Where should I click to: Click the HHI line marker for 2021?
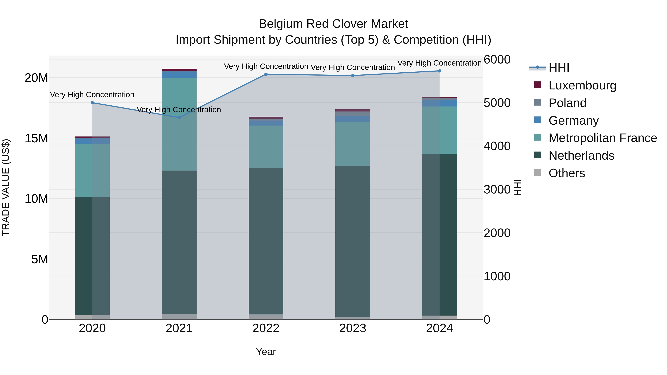[x=179, y=117]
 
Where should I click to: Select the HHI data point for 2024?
[x=439, y=71]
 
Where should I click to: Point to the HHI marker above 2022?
[x=266, y=74]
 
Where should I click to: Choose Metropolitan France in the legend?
[x=603, y=138]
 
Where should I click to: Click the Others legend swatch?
[x=537, y=173]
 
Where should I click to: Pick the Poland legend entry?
[x=567, y=103]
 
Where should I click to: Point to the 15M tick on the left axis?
[x=36, y=139]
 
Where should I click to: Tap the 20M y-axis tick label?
[x=36, y=78]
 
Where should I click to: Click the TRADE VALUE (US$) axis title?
[x=6, y=187]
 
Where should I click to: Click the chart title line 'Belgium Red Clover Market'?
[x=333, y=24]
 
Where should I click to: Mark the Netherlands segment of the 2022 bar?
[x=266, y=241]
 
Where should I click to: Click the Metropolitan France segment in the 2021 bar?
[x=179, y=124]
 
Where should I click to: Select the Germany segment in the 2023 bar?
[x=353, y=119]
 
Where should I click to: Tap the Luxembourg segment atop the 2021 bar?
[x=179, y=70]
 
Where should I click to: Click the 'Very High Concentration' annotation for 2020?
[x=92, y=95]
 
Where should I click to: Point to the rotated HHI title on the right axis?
[x=517, y=187]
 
